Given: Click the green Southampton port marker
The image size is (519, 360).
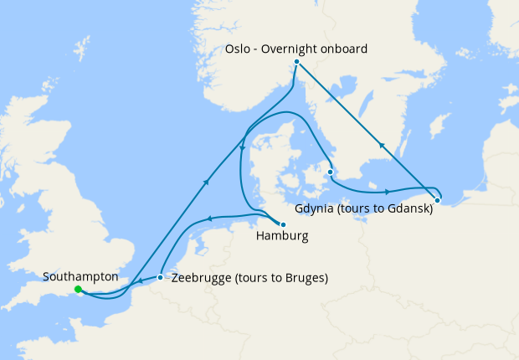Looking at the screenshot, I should pyautogui.click(x=78, y=290).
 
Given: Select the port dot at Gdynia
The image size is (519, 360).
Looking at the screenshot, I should pyautogui.click(x=437, y=200).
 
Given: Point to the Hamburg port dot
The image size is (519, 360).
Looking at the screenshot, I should pyautogui.click(x=283, y=224).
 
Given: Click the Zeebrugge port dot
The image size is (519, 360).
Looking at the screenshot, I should pyautogui.click(x=160, y=277).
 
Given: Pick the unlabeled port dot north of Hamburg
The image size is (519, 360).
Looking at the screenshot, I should pyautogui.click(x=331, y=172).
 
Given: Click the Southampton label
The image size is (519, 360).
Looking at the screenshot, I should pyautogui.click(x=80, y=276).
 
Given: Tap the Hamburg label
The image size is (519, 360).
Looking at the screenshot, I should pyautogui.click(x=281, y=237).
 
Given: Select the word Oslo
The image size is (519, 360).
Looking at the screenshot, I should pyautogui.click(x=238, y=49).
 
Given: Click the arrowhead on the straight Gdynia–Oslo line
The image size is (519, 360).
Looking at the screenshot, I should pyautogui.click(x=382, y=145).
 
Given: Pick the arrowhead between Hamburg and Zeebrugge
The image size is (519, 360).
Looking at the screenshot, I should pyautogui.click(x=210, y=219).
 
